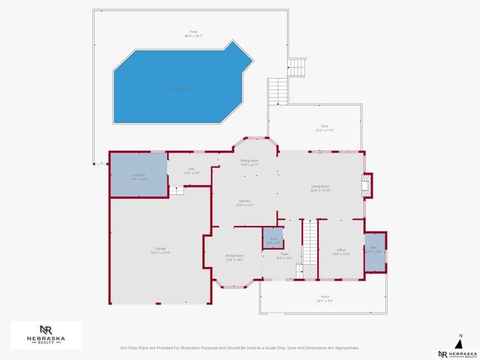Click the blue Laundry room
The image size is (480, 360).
pyautogui.click(x=139, y=175)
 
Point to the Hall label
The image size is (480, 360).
pyautogui.click(x=191, y=170)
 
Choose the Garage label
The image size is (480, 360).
pyautogui.click(x=160, y=250)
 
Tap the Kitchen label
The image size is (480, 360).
pyautogui.click(x=245, y=202)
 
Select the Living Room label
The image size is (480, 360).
pyautogui.click(x=320, y=188)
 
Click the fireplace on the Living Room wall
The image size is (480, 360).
pyautogui.click(x=367, y=184)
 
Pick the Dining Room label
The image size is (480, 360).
pyautogui.click(x=235, y=257)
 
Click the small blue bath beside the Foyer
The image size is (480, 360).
pyautogui.click(x=274, y=239)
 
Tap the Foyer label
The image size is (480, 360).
pyautogui.click(x=284, y=257)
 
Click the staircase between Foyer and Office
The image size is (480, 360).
pyautogui.click(x=309, y=244)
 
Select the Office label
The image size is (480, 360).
pyautogui.click(x=340, y=252)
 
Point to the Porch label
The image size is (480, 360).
pyautogui.click(x=325, y=298)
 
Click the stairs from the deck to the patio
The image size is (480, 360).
pyautogui.click(x=279, y=91)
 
